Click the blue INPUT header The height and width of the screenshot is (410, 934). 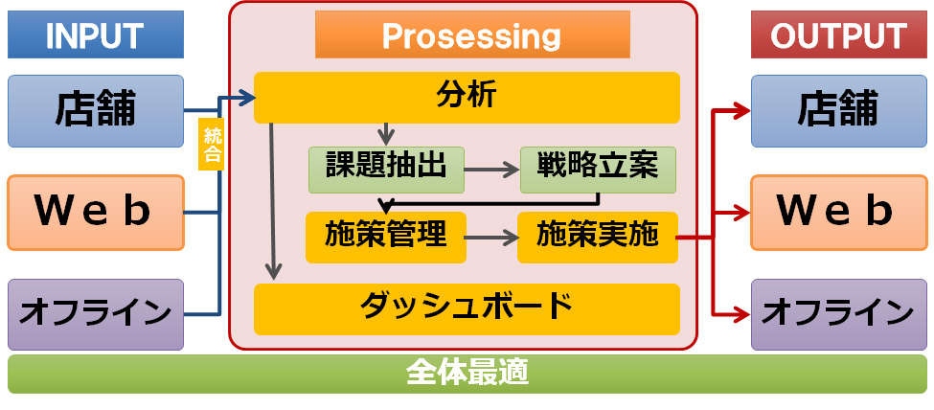click(x=94, y=36)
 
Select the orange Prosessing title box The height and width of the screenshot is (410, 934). click(x=472, y=36)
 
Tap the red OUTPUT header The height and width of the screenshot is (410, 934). click(x=838, y=36)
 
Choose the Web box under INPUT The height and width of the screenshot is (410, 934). click(x=95, y=210)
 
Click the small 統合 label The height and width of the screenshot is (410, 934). click(x=212, y=144)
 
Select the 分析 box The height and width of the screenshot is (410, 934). click(x=467, y=97)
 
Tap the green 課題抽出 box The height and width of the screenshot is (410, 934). click(x=386, y=169)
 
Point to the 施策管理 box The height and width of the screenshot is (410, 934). click(x=386, y=236)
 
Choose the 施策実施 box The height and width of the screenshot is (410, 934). click(x=598, y=236)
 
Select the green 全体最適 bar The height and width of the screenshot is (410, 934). click(x=467, y=373)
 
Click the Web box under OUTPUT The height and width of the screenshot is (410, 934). click(x=838, y=210)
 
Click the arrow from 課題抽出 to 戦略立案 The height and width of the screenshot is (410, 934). click(x=492, y=170)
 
